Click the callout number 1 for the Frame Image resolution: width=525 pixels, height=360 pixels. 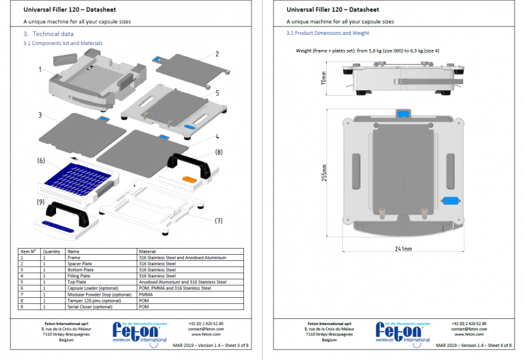pyautogui.click(x=41, y=69)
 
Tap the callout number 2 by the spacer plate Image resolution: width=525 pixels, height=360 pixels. pyautogui.click(x=217, y=53)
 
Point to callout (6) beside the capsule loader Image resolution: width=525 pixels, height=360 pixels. pyautogui.click(x=41, y=161)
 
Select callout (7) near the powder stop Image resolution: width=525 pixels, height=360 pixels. pyautogui.click(x=219, y=221)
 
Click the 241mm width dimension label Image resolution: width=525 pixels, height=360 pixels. pyautogui.click(x=404, y=249)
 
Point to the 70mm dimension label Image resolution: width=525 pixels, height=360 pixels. pyautogui.click(x=323, y=80)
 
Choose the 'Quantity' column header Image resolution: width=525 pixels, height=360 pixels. pyautogui.click(x=51, y=251)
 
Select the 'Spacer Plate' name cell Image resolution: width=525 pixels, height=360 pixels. pyautogui.click(x=81, y=264)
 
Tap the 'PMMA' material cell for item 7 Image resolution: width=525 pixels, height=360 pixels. pyautogui.click(x=145, y=294)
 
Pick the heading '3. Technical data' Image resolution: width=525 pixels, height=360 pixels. pyautogui.click(x=49, y=33)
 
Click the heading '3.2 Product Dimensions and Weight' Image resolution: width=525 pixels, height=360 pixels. pyautogui.click(x=328, y=33)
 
